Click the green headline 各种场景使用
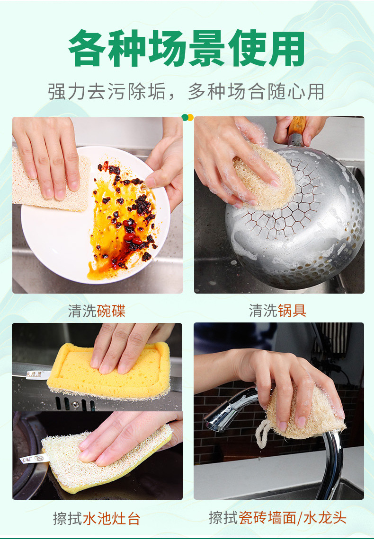187,48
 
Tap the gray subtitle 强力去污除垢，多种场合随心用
187,91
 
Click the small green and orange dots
187,117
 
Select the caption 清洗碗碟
97,311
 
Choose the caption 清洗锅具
278,311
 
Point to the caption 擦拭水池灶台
97,518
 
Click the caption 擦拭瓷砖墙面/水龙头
278,518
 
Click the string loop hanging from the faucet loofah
261,433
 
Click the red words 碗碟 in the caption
111,311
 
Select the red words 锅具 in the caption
292,311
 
